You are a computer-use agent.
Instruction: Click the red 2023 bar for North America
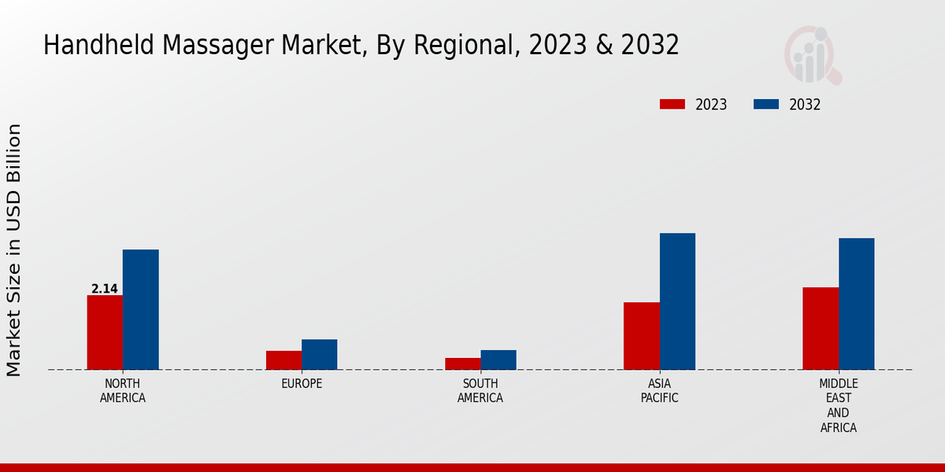point(105,332)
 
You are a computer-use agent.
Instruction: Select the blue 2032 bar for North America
point(140,309)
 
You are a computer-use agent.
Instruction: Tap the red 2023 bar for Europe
point(283,360)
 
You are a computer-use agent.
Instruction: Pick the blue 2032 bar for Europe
point(319,354)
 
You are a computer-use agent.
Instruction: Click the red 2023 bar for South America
point(462,363)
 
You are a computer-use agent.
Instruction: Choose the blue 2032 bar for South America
point(498,360)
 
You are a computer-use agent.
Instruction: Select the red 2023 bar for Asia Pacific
point(641,336)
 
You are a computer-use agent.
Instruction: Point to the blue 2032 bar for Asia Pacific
point(677,301)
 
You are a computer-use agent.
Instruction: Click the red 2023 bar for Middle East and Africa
point(821,328)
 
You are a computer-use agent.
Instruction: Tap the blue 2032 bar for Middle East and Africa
point(856,304)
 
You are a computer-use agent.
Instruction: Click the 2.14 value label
point(105,289)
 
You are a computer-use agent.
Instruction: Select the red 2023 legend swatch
point(673,105)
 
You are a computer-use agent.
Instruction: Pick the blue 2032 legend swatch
point(766,105)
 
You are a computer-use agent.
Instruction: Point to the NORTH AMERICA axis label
point(123,390)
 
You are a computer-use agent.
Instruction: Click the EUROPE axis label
point(302,384)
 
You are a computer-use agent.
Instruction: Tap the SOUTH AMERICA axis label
point(480,390)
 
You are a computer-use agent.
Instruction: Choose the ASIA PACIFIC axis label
point(660,390)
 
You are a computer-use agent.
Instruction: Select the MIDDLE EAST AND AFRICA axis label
point(839,405)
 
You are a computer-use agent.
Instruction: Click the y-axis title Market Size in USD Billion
point(14,250)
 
